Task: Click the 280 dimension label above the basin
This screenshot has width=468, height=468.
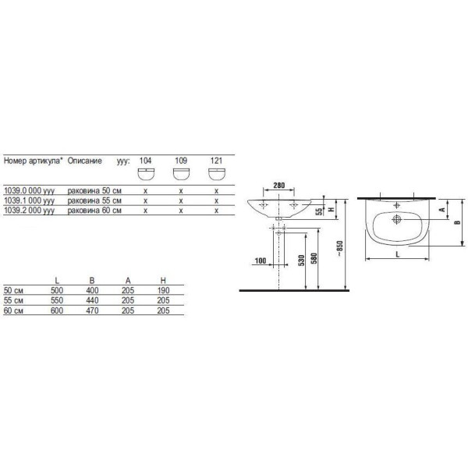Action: pyautogui.click(x=278, y=186)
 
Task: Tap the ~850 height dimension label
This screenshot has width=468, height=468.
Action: pyautogui.click(x=339, y=248)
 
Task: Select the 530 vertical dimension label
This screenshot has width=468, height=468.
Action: pyautogui.click(x=301, y=261)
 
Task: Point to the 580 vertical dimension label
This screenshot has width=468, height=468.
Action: pyautogui.click(x=314, y=258)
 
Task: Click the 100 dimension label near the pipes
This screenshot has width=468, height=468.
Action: pyautogui.click(x=261, y=261)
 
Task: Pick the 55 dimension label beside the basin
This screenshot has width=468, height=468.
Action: pyautogui.click(x=319, y=211)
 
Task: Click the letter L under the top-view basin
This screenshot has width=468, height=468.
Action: pyautogui.click(x=397, y=254)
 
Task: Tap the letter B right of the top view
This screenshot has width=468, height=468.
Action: pyautogui.click(x=458, y=222)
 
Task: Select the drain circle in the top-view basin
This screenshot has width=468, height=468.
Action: pyautogui.click(x=397, y=219)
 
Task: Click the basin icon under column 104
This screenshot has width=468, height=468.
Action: pyautogui.click(x=146, y=174)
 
